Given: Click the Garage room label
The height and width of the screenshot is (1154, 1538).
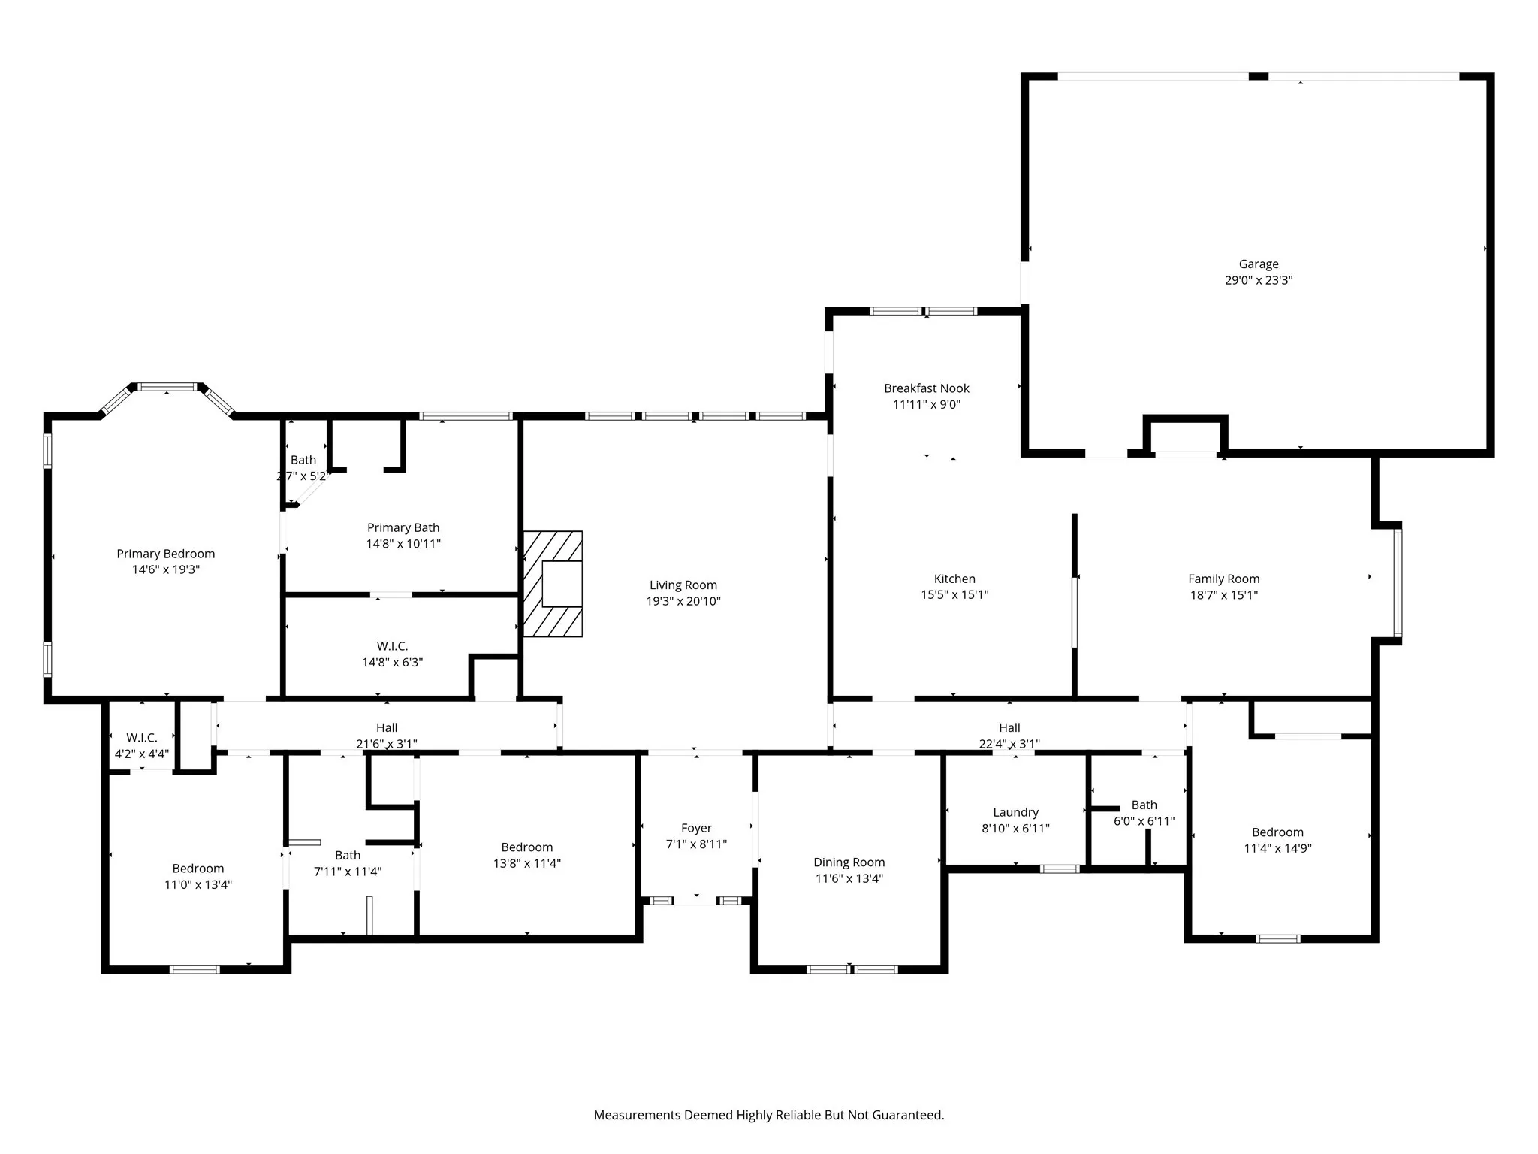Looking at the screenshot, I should (1258, 264).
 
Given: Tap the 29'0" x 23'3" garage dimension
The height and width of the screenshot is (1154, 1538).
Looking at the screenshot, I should (1258, 280).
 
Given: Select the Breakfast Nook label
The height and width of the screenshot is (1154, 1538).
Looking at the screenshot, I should (926, 388).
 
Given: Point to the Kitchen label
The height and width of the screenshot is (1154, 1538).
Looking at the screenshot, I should (954, 579).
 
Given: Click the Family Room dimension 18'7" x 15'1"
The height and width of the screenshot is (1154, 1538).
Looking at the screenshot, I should (1223, 595).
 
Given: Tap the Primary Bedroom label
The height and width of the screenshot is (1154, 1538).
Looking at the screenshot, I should (165, 554).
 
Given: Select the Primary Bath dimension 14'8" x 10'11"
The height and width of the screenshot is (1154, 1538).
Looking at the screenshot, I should (403, 544).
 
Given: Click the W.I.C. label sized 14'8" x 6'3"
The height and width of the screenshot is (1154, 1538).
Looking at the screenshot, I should (392, 646).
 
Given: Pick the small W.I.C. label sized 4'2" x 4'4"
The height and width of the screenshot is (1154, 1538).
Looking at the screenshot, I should (141, 738).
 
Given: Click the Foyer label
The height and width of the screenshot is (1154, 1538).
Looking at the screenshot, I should (696, 828).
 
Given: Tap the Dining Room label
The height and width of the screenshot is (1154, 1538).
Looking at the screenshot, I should (849, 862).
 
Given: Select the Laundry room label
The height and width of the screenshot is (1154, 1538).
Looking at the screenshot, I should (1015, 812).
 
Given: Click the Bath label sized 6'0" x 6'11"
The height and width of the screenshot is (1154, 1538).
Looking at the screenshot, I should (1144, 805).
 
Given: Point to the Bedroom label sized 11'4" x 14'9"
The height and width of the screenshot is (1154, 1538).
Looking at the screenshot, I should (1277, 832).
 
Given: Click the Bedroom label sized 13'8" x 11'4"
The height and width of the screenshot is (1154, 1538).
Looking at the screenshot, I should (526, 847).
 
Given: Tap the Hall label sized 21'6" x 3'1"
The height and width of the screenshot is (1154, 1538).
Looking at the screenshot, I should (387, 727).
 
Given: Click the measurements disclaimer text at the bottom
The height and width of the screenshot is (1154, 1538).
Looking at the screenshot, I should (768, 1115).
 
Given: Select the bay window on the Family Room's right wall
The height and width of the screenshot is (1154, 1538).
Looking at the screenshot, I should (1398, 583).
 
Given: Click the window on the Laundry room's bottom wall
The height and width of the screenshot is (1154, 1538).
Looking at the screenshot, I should (1060, 869).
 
